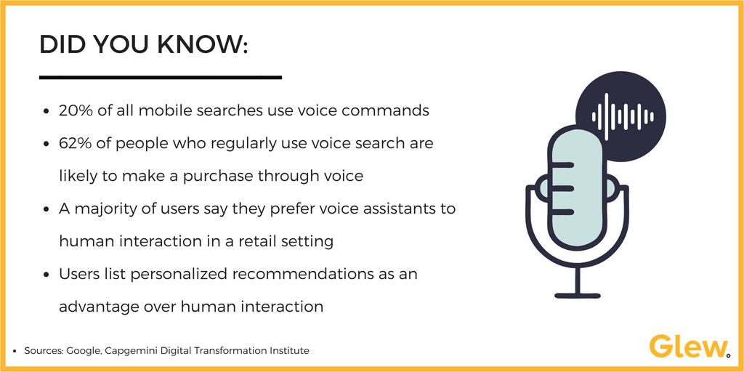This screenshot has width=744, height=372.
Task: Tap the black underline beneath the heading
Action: click(160, 77)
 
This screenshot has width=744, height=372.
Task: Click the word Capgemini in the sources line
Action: click(129, 350)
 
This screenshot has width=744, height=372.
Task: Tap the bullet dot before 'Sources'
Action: click(15, 351)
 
